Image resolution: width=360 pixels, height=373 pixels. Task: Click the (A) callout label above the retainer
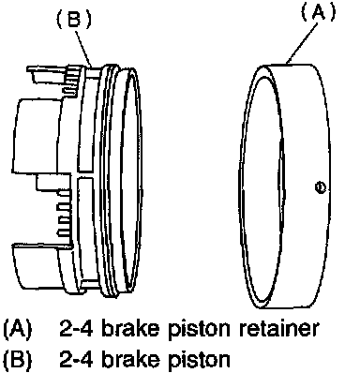pyautogui.click(x=318, y=12)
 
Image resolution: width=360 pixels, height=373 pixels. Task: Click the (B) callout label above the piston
pyautogui.click(x=74, y=19)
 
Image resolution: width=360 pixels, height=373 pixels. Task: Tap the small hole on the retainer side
pyautogui.click(x=321, y=187)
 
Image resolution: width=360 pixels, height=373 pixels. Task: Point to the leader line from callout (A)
pyautogui.click(x=303, y=41)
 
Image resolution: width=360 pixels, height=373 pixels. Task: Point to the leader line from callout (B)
pyautogui.click(x=83, y=47)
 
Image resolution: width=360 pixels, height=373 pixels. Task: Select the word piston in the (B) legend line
pyautogui.click(x=199, y=359)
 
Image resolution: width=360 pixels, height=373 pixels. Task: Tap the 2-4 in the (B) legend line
pyautogui.click(x=76, y=359)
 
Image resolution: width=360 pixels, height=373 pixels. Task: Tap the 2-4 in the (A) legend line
pyautogui.click(x=76, y=328)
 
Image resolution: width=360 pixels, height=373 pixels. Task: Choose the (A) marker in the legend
pyautogui.click(x=18, y=329)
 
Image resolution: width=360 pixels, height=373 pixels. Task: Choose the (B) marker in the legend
pyautogui.click(x=18, y=360)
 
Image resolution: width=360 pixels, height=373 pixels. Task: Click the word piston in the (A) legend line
pyautogui.click(x=199, y=329)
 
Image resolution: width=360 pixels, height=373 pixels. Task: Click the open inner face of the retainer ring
pyautogui.click(x=262, y=186)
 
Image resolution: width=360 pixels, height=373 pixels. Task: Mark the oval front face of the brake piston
pyautogui.click(x=131, y=180)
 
